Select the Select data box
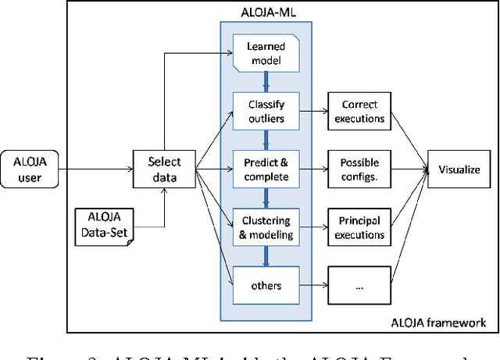(x=164, y=169)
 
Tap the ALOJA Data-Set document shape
(x=104, y=221)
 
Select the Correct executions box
(x=359, y=111)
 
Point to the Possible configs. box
(x=359, y=169)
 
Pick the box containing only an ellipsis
(x=359, y=286)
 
